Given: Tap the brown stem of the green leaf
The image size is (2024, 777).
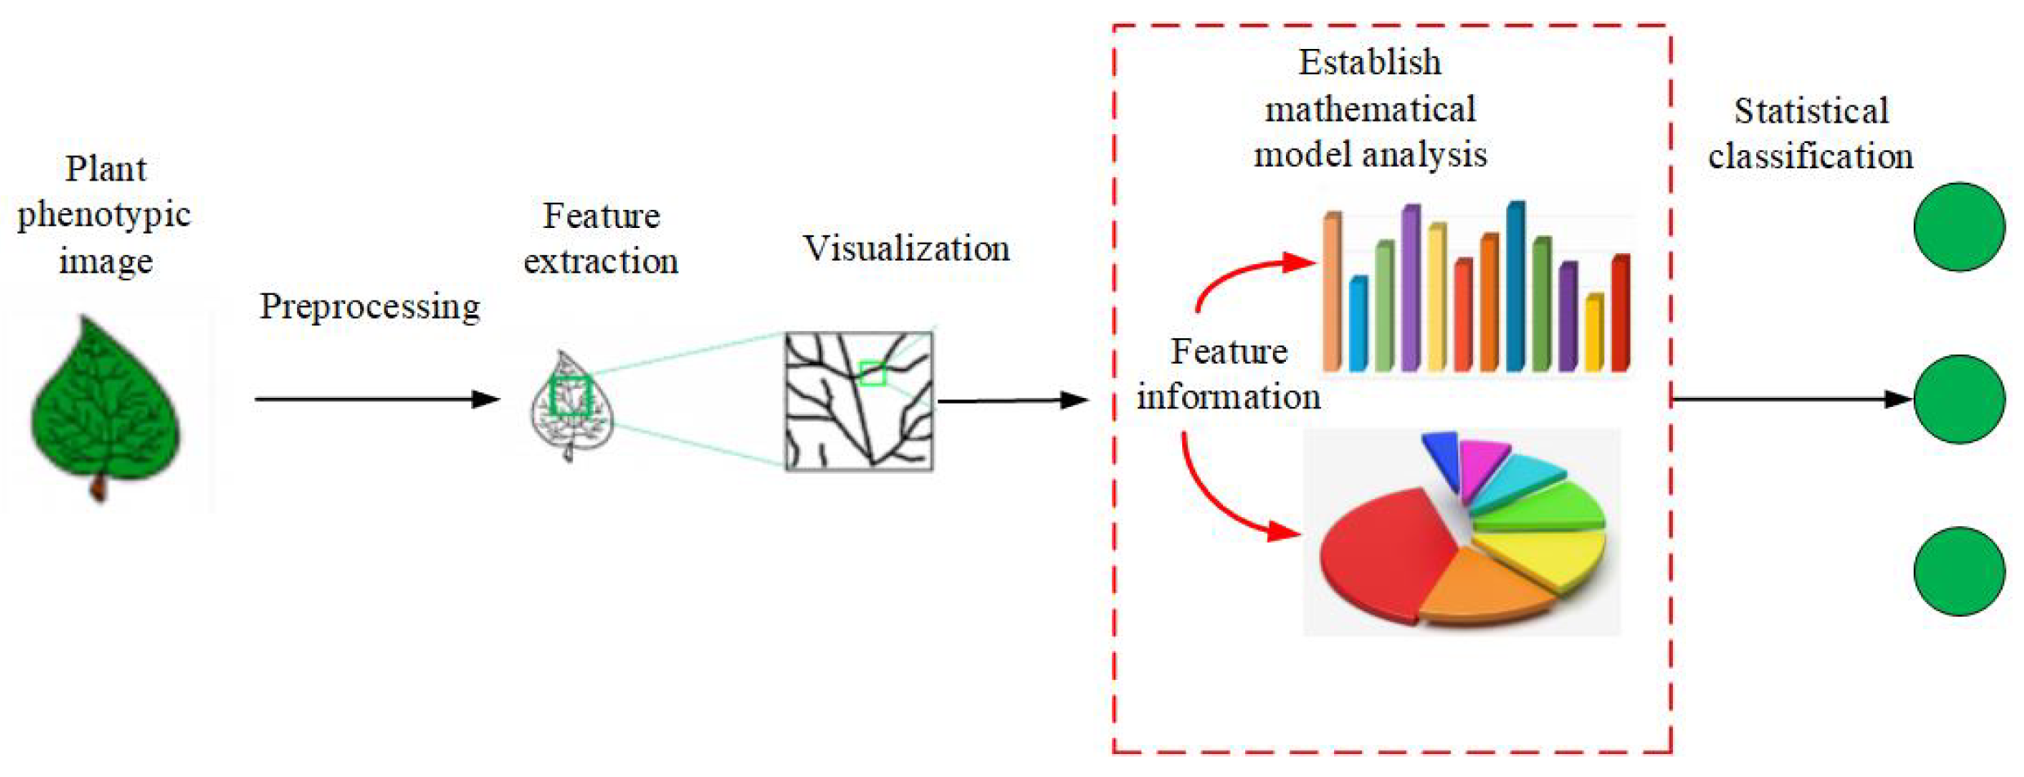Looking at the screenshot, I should coord(99,489).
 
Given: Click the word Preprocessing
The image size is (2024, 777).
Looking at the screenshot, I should coord(370,307).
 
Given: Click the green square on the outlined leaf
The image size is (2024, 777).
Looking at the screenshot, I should coord(572,396).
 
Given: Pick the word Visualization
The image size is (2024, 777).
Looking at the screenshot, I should coord(906,248).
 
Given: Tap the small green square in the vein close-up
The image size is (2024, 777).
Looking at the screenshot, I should coord(872,373).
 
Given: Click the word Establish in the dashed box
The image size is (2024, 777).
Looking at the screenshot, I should coord(1369,63).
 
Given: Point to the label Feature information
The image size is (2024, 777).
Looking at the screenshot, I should coord(1228,374).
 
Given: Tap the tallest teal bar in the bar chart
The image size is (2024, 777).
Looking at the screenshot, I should coord(1515,286).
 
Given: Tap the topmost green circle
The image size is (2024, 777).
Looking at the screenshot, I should coord(1959,226).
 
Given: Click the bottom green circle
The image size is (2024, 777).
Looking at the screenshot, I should coord(1959,571).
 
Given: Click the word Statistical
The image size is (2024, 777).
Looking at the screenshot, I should coord(1811,111).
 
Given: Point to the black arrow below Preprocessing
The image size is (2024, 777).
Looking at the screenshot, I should coord(376,399).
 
